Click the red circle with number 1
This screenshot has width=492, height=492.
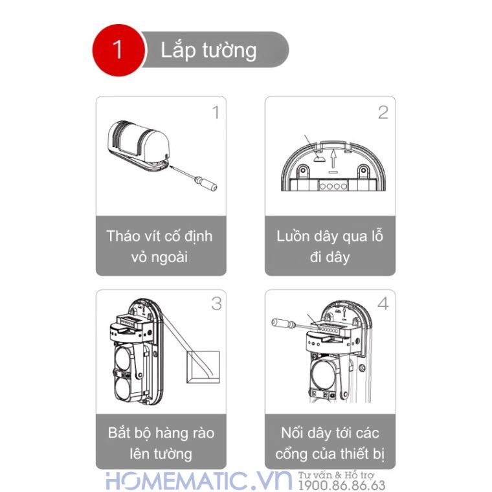[117, 50]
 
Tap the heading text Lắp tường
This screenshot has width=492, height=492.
[208, 50]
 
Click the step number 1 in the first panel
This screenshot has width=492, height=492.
[216, 113]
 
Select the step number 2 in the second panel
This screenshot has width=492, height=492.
[383, 113]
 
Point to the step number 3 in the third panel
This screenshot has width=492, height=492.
[216, 304]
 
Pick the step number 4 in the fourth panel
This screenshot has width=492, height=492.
[383, 304]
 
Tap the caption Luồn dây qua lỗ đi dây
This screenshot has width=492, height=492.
[330, 246]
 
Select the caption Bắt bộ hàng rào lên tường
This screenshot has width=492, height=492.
[161, 443]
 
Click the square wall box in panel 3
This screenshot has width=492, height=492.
[202, 368]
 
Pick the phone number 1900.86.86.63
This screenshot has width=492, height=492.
[342, 486]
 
